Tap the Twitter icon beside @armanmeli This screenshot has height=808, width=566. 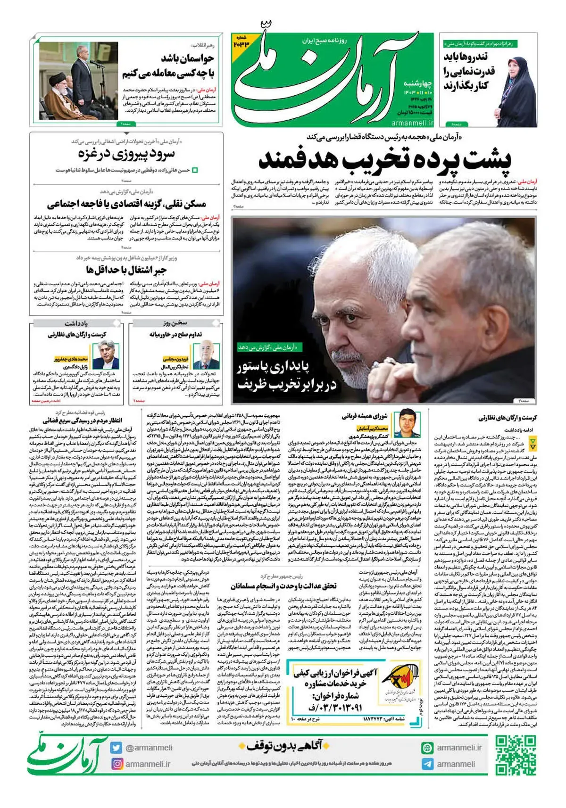pos(116,747)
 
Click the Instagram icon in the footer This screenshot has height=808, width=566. pos(116,764)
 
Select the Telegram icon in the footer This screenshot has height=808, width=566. pos(427,764)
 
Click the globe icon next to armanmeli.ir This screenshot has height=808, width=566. pos(427,747)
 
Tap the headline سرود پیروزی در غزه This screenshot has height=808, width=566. pos(126,154)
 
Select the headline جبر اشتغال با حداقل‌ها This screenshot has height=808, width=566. pos(126,270)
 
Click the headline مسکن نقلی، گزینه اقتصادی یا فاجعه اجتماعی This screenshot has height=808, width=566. pos(126,204)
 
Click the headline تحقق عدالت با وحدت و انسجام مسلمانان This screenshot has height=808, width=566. pos(283,586)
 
